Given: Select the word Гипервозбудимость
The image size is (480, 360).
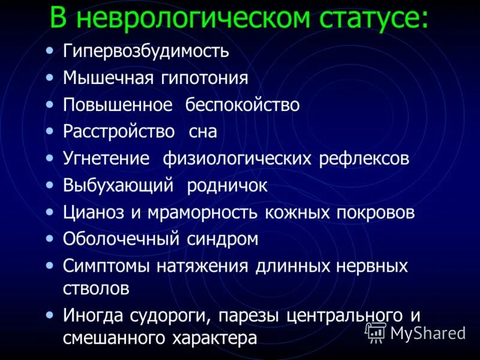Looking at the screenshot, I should pyautogui.click(x=146, y=51).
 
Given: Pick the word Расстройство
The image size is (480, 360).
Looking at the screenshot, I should pyautogui.click(x=119, y=131).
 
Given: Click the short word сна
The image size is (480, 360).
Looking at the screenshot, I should pyautogui.click(x=202, y=132).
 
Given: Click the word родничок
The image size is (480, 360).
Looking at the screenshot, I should pyautogui.click(x=227, y=185).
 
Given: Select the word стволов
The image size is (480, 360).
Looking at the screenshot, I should pyautogui.click(x=96, y=287).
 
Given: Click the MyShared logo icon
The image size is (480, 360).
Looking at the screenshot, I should pyautogui.click(x=376, y=331).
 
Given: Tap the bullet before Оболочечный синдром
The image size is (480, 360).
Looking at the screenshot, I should pyautogui.click(x=50, y=239).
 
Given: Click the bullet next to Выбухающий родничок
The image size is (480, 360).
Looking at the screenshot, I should pyautogui.click(x=50, y=185).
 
